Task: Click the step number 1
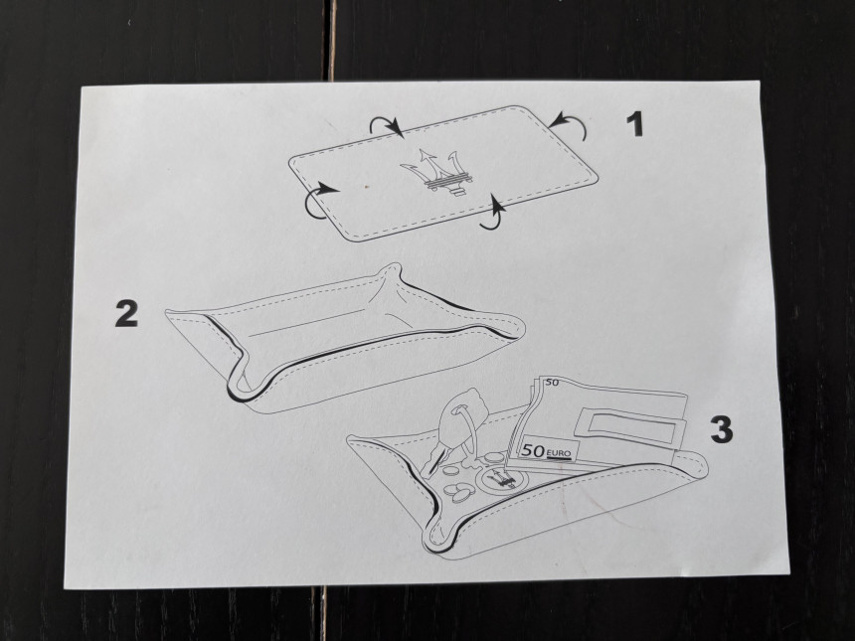[634, 124]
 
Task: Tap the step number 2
[126, 314]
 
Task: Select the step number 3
[722, 428]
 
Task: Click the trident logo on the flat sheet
[436, 171]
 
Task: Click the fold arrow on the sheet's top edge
[385, 124]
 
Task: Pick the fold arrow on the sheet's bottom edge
[495, 214]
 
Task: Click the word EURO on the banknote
[558, 453]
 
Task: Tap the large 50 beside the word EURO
[533, 451]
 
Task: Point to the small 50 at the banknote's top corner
[553, 383]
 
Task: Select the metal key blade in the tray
[433, 458]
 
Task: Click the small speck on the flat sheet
[366, 187]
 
